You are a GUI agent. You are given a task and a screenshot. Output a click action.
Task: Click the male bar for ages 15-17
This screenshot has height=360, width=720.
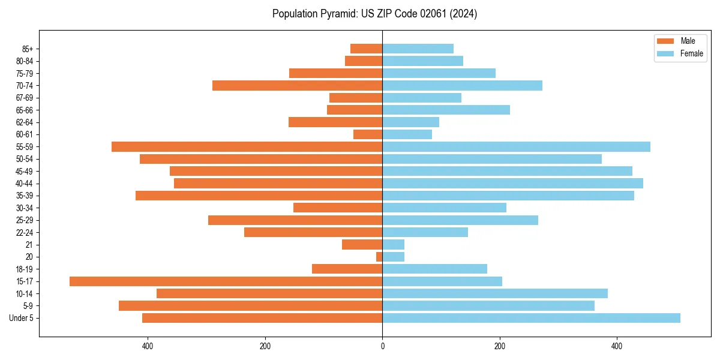[x=226, y=281]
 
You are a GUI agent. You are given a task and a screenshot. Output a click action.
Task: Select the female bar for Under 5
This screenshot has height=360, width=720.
[x=531, y=318]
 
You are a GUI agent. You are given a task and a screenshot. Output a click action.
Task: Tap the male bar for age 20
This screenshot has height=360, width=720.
[x=379, y=257]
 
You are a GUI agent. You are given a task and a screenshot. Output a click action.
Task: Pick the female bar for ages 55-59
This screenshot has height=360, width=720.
[x=516, y=147]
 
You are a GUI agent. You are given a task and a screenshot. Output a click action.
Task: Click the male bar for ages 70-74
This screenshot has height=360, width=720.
[x=297, y=86]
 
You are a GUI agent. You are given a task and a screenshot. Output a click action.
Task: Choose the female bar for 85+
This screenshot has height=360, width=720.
[x=418, y=49]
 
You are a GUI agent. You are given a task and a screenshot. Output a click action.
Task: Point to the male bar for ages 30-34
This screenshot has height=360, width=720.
[x=338, y=208]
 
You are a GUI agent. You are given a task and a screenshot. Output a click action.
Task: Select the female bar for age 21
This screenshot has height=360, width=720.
[x=393, y=245]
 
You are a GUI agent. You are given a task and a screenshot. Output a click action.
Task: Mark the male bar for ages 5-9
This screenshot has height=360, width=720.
[x=250, y=306]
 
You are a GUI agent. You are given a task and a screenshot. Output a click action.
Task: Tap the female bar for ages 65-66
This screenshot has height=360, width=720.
[x=446, y=110]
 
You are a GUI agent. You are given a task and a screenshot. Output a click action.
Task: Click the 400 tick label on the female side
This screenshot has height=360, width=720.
[x=617, y=346]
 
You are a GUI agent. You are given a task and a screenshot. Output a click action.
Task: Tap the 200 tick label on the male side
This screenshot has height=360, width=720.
[x=265, y=346]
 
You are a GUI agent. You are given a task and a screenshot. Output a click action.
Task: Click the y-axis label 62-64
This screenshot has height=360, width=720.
[x=25, y=122]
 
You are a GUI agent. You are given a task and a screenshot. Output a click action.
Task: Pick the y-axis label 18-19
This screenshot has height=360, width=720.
[x=25, y=269]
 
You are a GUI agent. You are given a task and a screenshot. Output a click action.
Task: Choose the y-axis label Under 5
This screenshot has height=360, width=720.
[x=22, y=318]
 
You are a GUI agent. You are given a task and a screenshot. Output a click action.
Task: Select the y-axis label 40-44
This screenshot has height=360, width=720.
[x=25, y=184]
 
